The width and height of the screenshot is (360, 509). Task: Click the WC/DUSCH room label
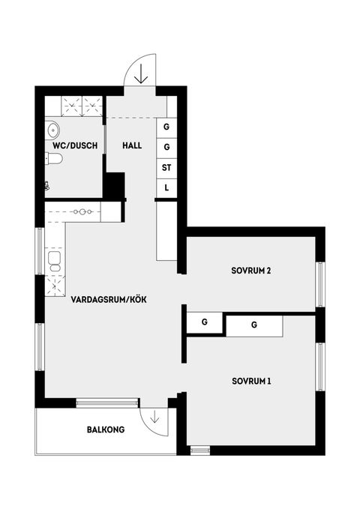point(74,145)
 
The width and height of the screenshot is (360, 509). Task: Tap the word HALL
point(132,145)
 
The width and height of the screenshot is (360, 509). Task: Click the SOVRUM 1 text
point(250,381)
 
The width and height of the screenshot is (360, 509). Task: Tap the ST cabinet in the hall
point(166,167)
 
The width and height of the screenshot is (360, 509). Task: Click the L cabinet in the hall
point(166,187)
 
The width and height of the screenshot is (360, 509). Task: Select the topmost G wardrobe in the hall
point(166,127)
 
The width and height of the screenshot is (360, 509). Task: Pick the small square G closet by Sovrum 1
point(204,323)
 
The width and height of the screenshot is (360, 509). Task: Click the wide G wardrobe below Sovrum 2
point(254,325)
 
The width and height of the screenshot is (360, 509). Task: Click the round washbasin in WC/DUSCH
point(53,128)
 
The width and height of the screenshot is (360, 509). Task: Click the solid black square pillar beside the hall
point(113,184)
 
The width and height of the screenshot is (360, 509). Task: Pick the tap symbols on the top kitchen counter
point(83,212)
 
